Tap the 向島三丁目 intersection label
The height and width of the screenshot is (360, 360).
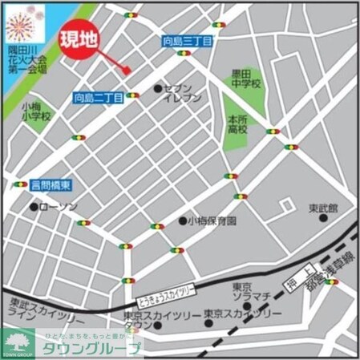(x=188, y=40)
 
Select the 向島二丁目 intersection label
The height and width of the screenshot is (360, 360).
(x=99, y=98)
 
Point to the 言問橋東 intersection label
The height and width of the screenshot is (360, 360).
(x=51, y=185)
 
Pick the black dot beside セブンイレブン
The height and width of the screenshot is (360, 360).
(x=157, y=88)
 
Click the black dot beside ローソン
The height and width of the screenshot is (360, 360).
(x=34, y=207)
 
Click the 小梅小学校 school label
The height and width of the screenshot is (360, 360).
(x=36, y=111)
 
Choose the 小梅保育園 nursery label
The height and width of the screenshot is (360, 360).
(x=212, y=220)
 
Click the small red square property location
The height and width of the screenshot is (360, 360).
(x=127, y=71)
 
